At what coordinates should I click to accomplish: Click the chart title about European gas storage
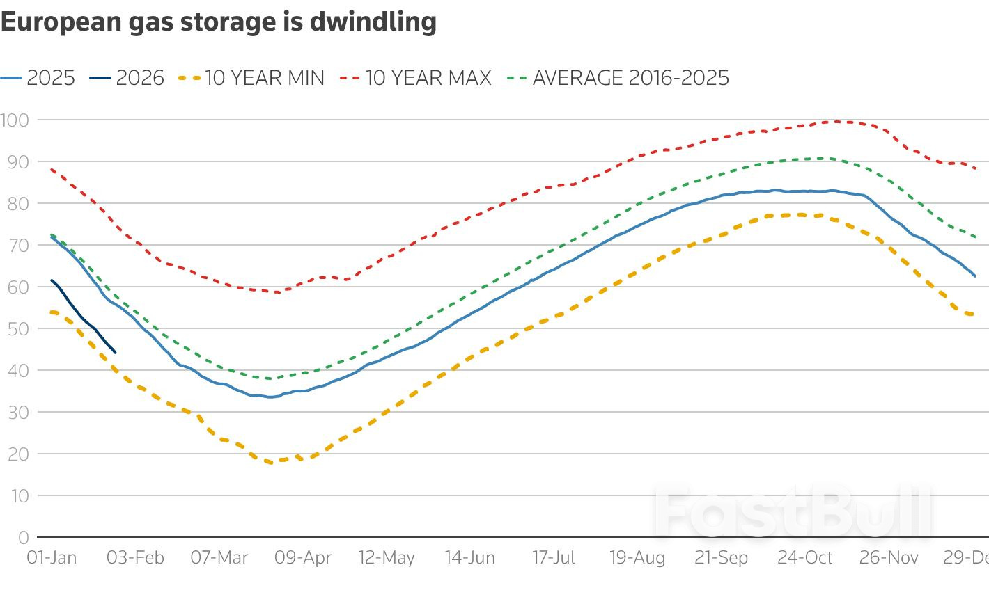pyautogui.click(x=218, y=22)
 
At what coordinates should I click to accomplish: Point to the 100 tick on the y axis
pyautogui.click(x=15, y=120)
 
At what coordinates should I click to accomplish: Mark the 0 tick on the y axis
pyautogui.click(x=24, y=537)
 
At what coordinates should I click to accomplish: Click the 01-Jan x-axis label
pyautogui.click(x=52, y=557)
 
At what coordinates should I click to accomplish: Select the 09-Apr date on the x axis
pyautogui.click(x=303, y=557)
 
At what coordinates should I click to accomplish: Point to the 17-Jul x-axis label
pyautogui.click(x=554, y=557)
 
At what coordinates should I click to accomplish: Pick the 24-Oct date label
pyautogui.click(x=805, y=557)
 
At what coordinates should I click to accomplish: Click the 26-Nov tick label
pyautogui.click(x=889, y=557)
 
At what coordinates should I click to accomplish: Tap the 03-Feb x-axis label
pyautogui.click(x=135, y=557)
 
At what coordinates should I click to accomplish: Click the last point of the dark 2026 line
pyautogui.click(x=115, y=352)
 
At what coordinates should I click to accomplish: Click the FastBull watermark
pyautogui.click(x=793, y=513)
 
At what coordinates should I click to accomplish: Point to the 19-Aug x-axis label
pyautogui.click(x=637, y=557)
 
